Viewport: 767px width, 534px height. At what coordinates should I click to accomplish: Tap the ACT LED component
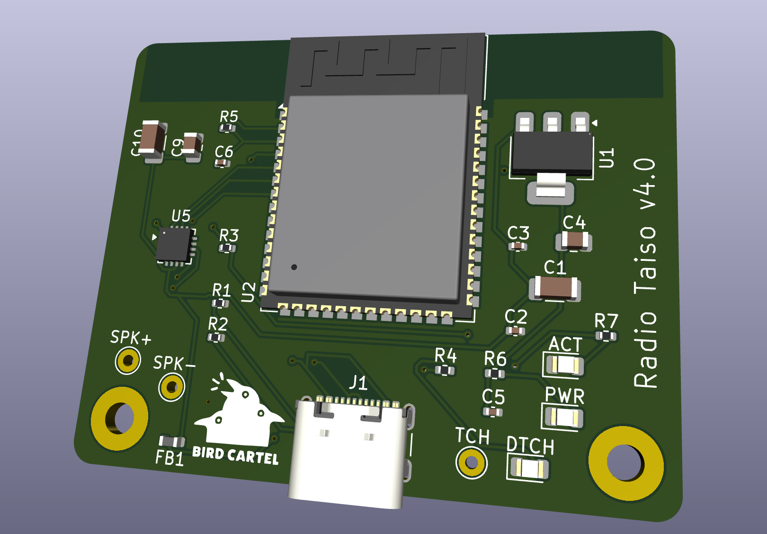(563, 365)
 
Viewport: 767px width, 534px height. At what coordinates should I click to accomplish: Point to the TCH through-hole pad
(471, 463)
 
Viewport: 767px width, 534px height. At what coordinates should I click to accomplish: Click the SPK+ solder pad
(128, 361)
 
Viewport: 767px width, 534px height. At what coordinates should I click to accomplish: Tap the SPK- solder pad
(171, 387)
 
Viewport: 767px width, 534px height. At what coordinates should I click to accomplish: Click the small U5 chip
(174, 245)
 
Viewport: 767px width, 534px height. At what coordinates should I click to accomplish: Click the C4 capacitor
(575, 240)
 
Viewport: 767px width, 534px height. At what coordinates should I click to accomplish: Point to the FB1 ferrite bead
(171, 442)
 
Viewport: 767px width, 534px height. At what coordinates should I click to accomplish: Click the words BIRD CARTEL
(235, 455)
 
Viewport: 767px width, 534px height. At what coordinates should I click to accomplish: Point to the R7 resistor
(606, 336)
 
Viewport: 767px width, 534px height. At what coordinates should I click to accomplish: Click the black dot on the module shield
(294, 267)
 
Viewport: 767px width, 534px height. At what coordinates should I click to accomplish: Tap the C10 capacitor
(152, 139)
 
